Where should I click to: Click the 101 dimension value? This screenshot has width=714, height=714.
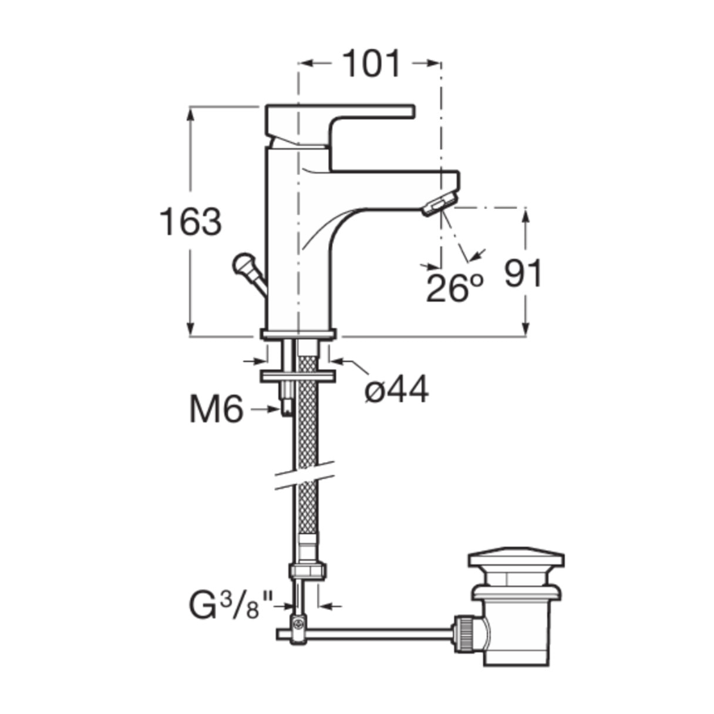click(371, 64)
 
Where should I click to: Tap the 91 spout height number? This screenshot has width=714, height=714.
click(523, 273)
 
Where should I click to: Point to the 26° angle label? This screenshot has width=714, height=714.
click(454, 288)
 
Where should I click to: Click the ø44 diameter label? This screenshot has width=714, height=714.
click(397, 389)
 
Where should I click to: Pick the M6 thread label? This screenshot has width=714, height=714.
click(217, 409)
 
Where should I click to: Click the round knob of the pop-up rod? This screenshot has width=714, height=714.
click(243, 264)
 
